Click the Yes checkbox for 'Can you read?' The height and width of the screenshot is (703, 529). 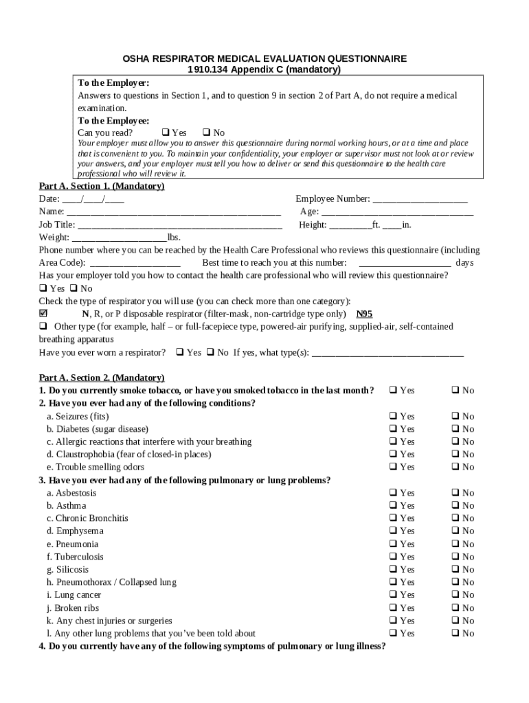click(166, 132)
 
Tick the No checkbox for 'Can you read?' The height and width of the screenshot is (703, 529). click(206, 132)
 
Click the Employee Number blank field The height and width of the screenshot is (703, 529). click(420, 200)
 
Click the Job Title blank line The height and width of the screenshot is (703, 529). click(180, 225)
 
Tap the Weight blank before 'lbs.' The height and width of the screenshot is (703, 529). click(115, 238)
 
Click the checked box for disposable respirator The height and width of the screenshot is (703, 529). click(43, 313)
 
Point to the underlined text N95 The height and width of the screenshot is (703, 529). click(364, 314)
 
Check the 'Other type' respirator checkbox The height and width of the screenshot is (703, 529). click(43, 326)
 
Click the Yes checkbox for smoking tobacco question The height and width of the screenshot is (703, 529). click(394, 390)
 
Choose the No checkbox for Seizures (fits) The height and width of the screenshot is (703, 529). click(455, 416)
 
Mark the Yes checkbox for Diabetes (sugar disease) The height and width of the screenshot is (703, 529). click(394, 428)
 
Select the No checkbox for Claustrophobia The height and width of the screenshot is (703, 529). click(455, 454)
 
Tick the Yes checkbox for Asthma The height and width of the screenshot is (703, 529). click(394, 505)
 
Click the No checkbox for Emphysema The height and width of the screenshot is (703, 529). click(455, 531)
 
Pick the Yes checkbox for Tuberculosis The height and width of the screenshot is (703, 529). click(394, 557)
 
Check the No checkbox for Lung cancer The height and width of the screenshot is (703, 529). click(455, 595)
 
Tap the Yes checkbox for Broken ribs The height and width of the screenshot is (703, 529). click(394, 608)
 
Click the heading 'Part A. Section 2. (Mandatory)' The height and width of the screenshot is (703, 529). click(102, 378)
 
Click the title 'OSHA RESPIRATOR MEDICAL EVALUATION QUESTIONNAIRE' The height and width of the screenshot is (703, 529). click(264, 59)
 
